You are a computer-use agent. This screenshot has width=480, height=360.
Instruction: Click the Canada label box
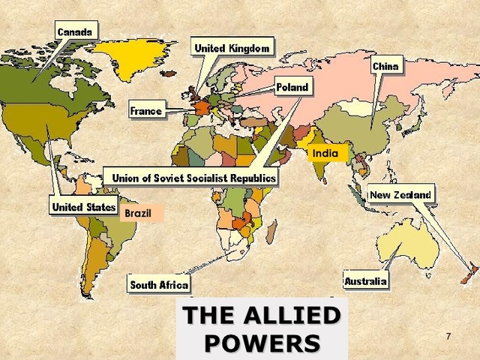pyautogui.click(x=75, y=31)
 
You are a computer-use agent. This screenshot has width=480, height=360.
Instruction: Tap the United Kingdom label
pyautogui.click(x=231, y=49)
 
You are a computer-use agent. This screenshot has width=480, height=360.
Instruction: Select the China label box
pyautogui.click(x=385, y=67)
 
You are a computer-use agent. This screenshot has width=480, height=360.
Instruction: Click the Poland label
pyautogui.click(x=292, y=88)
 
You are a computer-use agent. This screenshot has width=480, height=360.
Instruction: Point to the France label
pyautogui.click(x=145, y=111)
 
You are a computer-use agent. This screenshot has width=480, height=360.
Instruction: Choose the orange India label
pyautogui.click(x=325, y=154)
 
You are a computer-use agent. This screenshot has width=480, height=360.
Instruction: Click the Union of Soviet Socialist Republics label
pyautogui.click(x=193, y=178)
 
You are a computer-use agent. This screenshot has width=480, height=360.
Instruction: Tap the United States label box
pyautogui.click(x=84, y=206)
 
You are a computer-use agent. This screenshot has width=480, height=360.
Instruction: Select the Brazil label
pyautogui.click(x=140, y=214)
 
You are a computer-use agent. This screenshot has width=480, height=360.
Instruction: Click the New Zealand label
pyautogui.click(x=400, y=196)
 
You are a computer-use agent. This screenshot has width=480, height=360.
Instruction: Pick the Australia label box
pyautogui.click(x=366, y=282)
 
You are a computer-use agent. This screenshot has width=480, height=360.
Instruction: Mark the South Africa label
pyautogui.click(x=159, y=285)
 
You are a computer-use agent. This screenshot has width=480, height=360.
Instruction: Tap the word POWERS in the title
pyautogui.click(x=262, y=343)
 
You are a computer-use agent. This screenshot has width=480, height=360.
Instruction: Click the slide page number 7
pyautogui.click(x=448, y=335)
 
